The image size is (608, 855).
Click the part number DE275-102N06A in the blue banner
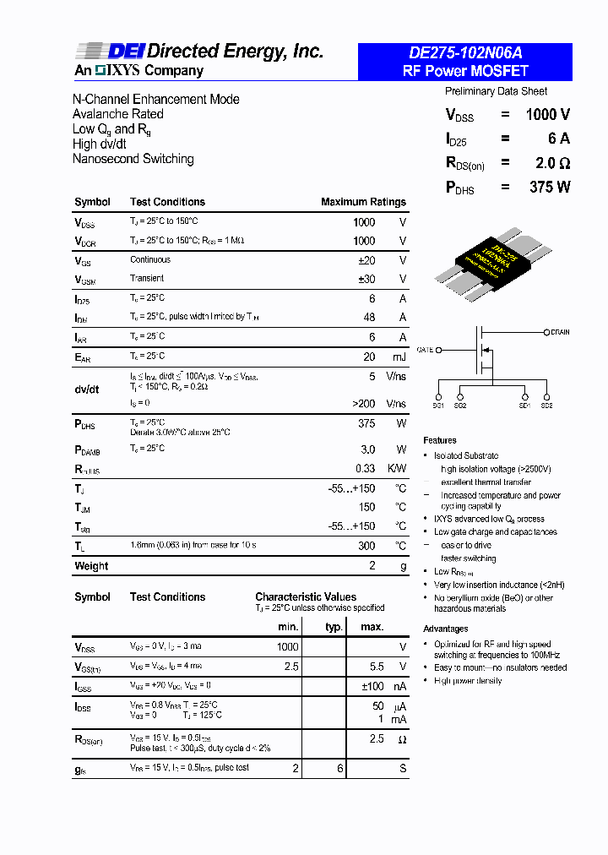464,53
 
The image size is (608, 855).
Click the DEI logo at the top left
103,52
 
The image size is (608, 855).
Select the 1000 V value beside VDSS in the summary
547,115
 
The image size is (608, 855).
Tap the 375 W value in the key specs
550,188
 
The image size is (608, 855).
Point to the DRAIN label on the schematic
559,333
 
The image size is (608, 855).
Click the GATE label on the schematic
425,349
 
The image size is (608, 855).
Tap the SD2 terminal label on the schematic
546,406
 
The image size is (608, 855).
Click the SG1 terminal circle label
438,406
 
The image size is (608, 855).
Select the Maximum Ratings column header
363,202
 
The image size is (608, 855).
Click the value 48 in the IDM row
369,317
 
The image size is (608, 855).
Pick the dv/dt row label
87,389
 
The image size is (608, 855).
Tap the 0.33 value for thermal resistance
365,468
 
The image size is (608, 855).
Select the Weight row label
91,566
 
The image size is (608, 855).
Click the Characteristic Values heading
306,596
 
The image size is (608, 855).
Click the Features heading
440,440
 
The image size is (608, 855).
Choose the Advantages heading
446,629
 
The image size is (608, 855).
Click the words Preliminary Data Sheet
496,91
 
